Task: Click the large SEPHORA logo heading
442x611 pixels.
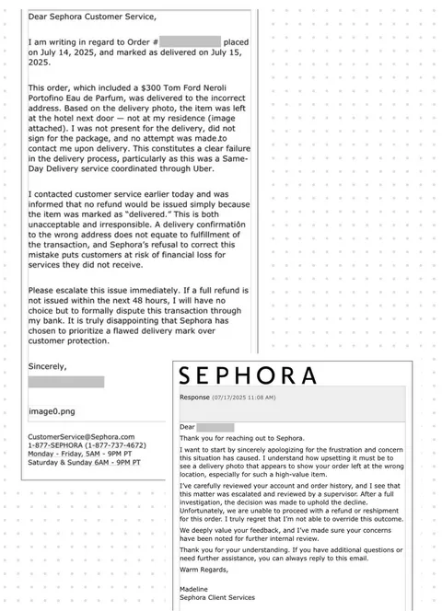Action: click(246, 376)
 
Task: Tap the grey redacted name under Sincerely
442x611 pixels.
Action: click(65, 381)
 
